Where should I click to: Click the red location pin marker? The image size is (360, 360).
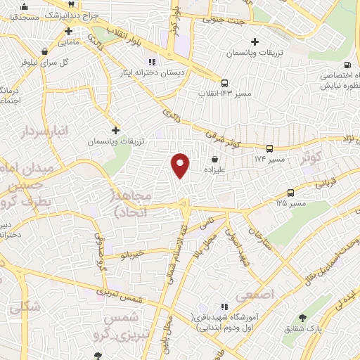pyautogui.click(x=181, y=165)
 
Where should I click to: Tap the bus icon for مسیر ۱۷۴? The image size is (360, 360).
pyautogui.click(x=270, y=148)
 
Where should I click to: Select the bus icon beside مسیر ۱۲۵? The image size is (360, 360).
pyautogui.click(x=290, y=192)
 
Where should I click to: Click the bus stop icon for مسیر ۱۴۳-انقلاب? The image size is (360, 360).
pyautogui.click(x=224, y=82)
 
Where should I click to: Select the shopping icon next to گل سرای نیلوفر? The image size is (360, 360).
pyautogui.click(x=45, y=51)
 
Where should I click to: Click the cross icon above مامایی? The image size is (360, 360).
pyautogui.click(x=67, y=32)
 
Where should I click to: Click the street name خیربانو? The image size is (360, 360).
pyautogui.click(x=132, y=252)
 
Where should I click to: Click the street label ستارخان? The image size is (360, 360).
pyautogui.click(x=258, y=242)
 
